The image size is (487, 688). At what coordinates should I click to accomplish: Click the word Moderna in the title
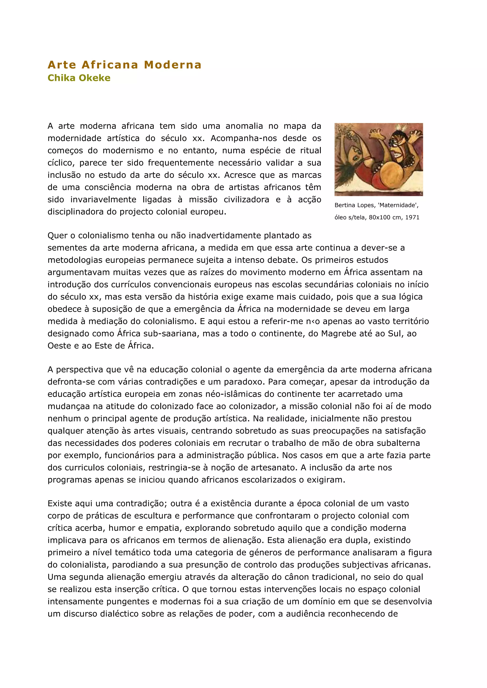pyautogui.click(x=173, y=65)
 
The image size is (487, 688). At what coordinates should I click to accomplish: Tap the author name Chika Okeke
pyautogui.click(x=79, y=78)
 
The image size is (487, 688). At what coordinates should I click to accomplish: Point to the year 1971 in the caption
pyautogui.click(x=412, y=217)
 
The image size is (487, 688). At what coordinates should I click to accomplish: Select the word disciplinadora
pyautogui.click(x=76, y=212)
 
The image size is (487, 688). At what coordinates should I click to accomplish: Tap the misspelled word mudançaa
pyautogui.click(x=65, y=407)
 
